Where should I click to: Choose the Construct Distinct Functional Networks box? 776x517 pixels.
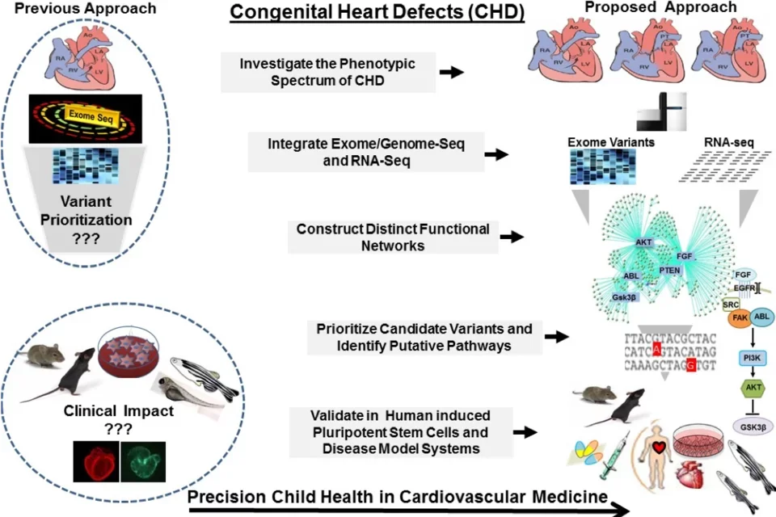point(393,236)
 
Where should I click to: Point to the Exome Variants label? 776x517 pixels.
point(611,143)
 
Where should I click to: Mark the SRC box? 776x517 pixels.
point(731,305)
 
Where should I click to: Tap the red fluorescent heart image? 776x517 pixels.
point(95,461)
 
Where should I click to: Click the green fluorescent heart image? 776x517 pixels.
point(143,461)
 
